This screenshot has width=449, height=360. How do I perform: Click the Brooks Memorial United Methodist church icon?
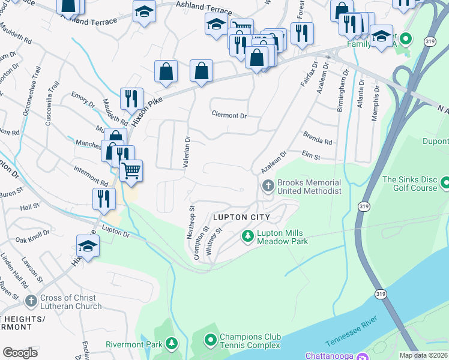[x=268, y=186]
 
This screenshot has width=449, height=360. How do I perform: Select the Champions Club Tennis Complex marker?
[x=210, y=341]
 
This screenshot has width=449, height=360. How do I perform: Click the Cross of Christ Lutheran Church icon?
[x=31, y=302]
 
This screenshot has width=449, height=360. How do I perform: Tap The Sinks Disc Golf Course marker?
[x=445, y=182]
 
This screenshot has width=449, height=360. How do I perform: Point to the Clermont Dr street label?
[x=229, y=115]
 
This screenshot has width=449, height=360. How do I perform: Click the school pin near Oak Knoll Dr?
[x=88, y=246]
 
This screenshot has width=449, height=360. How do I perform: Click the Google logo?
[x=20, y=352]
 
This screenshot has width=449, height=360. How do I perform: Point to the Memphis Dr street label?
[x=375, y=103]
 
